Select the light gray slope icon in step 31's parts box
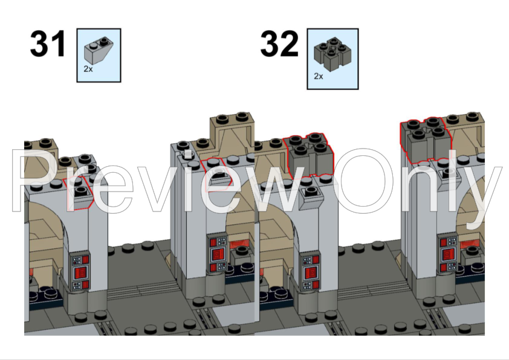coord(98,49)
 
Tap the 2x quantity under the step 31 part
coord(88,69)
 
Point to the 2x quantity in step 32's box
coord(319,77)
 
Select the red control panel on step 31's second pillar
coord(218,253)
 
